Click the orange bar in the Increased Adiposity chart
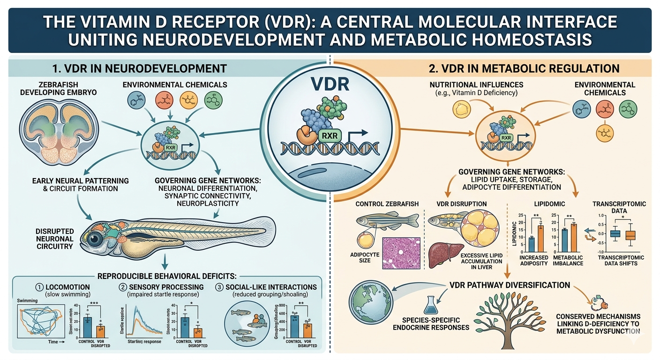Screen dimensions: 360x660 coord(540,233)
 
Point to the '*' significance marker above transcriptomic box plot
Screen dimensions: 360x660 coord(622,217)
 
